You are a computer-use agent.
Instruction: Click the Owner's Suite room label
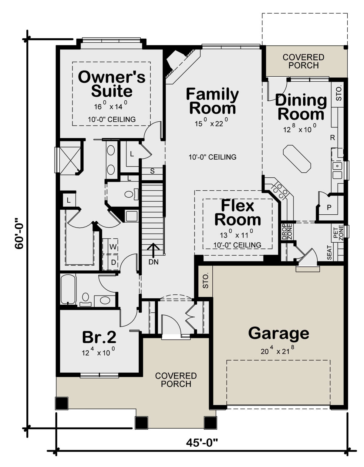tap(112, 84)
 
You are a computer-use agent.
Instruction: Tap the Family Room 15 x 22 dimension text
tap(211, 123)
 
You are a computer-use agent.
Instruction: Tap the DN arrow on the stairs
tap(153, 250)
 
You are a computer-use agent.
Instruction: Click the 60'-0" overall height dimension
tap(19, 234)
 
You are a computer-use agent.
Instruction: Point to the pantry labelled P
tap(329, 207)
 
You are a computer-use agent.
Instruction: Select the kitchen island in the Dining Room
tap(297, 159)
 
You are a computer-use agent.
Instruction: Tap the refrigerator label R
tap(332, 138)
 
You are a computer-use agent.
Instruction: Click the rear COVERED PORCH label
tap(303, 61)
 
